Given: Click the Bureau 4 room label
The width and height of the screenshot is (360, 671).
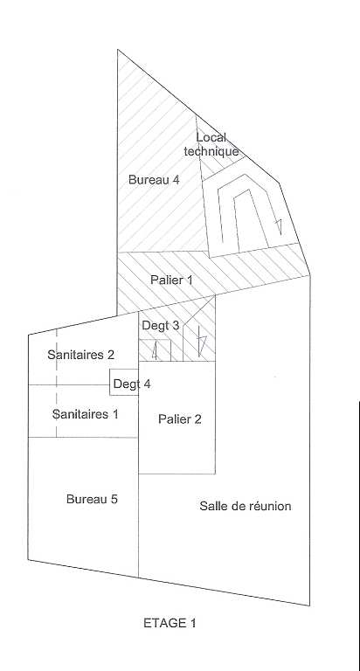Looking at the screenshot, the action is coord(154,180).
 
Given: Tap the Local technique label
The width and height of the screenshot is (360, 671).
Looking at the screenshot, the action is coord(211,145).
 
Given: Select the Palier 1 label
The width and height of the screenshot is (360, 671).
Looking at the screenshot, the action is coord(171,280).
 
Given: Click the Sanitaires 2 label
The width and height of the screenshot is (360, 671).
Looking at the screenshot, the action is coord(81,355).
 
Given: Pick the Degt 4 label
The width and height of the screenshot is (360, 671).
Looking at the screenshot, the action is coord(132,384).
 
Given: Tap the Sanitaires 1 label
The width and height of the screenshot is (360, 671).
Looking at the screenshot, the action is coord(85,414).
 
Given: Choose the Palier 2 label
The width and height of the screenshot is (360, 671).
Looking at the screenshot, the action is coord(180,419).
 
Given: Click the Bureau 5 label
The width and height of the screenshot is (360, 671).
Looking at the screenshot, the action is coord(92,499).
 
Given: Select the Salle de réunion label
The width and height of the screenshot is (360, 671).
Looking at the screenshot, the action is coord(246,506).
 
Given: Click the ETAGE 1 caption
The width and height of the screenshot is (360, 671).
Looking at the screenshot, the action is coord(170,623).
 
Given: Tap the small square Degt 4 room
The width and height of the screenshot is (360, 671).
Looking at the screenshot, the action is coord(124,382).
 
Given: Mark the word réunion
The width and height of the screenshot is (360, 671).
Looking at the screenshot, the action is coord(270,506).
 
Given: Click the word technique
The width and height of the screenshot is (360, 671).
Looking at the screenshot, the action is coord(211,151).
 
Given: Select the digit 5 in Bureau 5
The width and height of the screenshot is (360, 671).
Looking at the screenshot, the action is coord(114,499).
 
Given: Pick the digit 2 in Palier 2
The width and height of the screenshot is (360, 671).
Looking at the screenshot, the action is coord(197,419).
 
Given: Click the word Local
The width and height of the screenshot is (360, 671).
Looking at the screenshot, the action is coord(211,138).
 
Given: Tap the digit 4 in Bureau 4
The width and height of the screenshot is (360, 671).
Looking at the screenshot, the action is coord(176,180).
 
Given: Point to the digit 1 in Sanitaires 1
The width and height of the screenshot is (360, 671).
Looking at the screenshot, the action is coord(114,414).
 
